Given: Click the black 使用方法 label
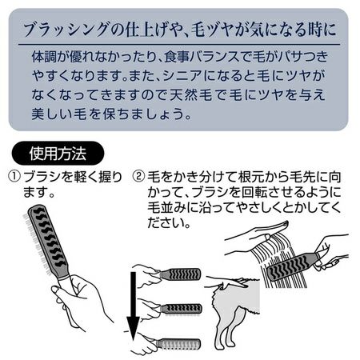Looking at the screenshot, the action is point(58,154).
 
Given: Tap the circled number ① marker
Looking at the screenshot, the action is point(15,177).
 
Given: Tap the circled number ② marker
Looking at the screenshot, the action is point(139,177).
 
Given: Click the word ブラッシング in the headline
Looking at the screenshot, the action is point(66,29).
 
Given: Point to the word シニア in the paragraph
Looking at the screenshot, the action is point(182,76).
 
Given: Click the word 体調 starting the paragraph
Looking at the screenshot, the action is point(44,57).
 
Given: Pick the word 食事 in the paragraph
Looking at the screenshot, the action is point(177,57).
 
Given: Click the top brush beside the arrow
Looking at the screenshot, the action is point(181,274).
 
